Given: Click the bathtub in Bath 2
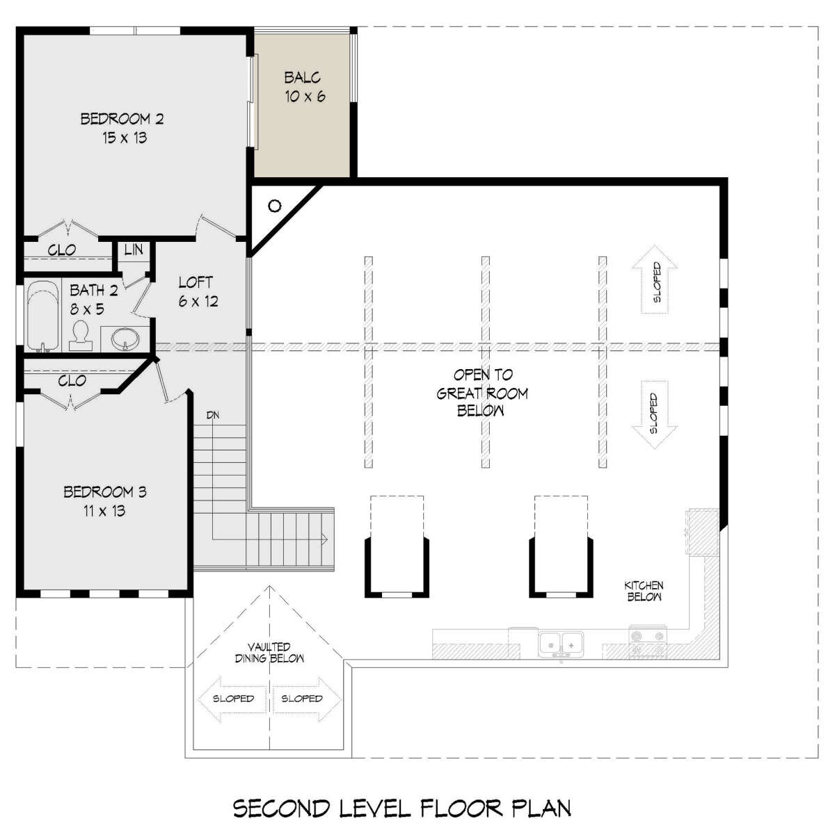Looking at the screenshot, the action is tap(42, 316).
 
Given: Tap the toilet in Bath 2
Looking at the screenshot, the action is tap(81, 336).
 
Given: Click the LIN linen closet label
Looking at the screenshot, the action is tap(134, 250).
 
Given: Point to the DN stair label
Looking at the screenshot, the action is tap(213, 415).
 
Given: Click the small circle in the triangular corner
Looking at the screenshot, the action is tap(274, 206).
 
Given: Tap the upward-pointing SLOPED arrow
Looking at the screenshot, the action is tap(654, 279).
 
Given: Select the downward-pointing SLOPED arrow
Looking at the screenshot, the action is tap(654, 415).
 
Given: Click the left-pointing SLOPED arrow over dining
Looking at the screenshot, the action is tap(232, 699).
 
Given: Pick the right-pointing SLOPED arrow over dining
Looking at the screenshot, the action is tap(306, 699).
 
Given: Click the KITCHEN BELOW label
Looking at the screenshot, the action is tap(644, 591).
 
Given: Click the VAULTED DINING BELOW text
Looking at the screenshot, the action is tap(269, 653).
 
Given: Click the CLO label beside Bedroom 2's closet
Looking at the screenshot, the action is tap(62, 250).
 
